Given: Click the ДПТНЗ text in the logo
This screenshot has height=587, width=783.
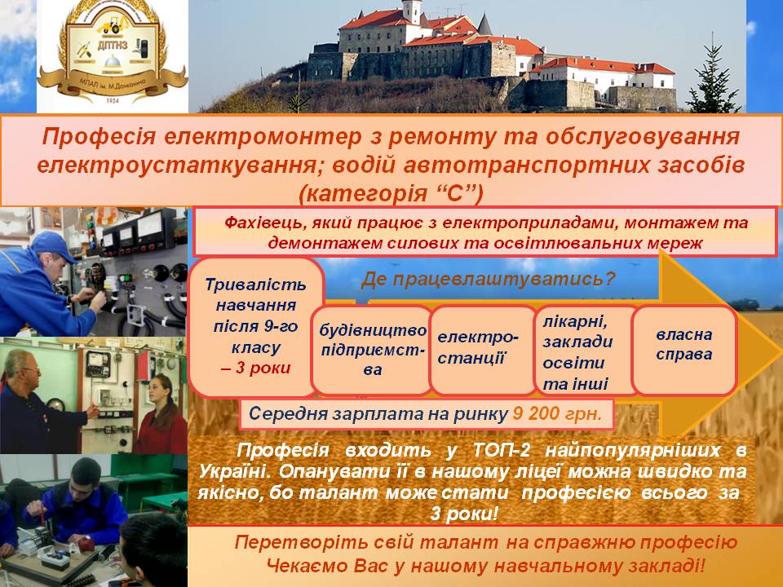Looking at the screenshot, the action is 113,46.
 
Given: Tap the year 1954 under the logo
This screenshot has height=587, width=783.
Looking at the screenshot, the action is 113,100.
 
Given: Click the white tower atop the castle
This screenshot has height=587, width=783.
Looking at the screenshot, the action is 413,11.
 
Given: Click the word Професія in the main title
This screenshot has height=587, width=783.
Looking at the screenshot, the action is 99,137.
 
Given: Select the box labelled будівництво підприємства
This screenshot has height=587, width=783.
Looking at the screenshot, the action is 372,351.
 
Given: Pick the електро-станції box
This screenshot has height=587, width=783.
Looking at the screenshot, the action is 482,351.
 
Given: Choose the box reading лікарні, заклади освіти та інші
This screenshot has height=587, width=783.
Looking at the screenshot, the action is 586,351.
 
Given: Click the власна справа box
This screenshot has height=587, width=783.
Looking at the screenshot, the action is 684,351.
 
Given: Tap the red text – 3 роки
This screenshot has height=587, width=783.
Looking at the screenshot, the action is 255,369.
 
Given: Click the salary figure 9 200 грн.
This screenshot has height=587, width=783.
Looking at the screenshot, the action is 557,414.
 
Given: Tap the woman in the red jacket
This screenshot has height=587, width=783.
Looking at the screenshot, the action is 161,414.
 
